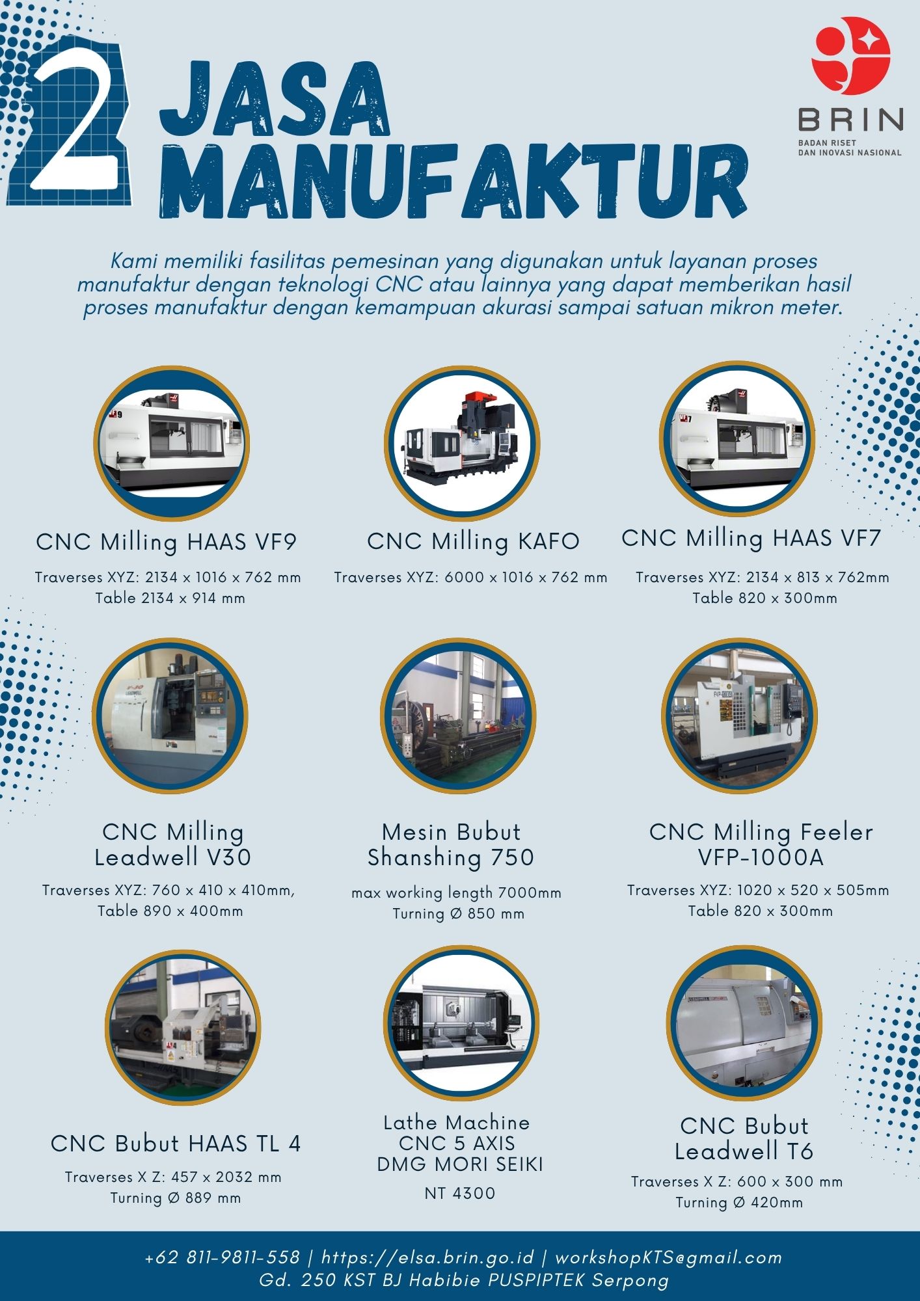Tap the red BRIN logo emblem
(x=850, y=60)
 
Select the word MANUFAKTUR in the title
(x=453, y=181)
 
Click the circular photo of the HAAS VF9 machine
(x=172, y=443)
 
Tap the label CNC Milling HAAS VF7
(x=751, y=539)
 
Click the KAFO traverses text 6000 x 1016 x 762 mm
(x=526, y=578)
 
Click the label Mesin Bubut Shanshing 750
(x=451, y=845)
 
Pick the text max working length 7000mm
(x=456, y=893)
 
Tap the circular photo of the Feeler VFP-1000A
(x=740, y=715)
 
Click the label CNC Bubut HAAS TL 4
(x=176, y=1144)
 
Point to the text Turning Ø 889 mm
(x=176, y=1198)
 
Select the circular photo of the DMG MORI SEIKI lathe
(x=461, y=1023)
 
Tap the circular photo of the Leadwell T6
(x=744, y=1023)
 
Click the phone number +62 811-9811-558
(x=223, y=1257)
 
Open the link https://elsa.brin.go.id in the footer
(x=427, y=1257)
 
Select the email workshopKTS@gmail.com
(x=668, y=1257)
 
